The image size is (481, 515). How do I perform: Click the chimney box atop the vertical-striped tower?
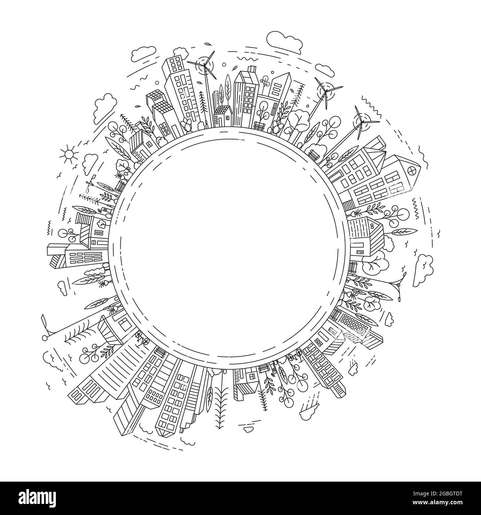pyautogui.click(x=252, y=69)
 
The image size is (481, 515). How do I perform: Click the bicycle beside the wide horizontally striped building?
pyautogui.click(x=141, y=337)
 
